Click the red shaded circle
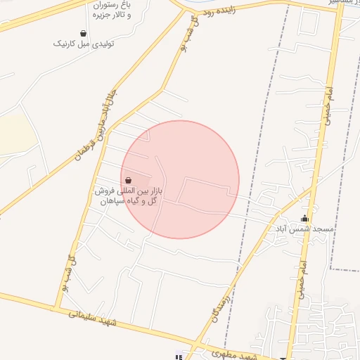coord(180,179)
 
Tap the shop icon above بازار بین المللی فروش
coord(127,181)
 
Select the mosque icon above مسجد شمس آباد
coord(304,218)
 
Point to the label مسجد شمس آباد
coord(304,229)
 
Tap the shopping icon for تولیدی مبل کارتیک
coord(84,33)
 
